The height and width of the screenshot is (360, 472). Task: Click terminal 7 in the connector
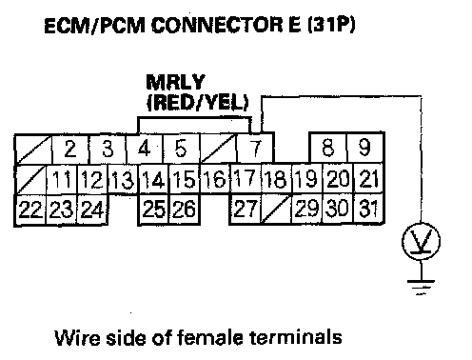point(255,148)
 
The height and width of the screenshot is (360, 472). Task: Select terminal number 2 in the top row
point(70,149)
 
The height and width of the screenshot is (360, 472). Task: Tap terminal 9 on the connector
point(365,148)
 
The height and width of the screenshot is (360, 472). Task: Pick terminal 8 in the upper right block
point(328,148)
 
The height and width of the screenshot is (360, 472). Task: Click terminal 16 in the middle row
point(216,178)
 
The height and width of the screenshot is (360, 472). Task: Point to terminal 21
point(368,178)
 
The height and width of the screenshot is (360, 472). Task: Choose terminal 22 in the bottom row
point(30,210)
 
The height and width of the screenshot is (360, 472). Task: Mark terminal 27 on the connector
point(245,209)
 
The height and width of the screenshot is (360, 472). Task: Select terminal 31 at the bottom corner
point(368,209)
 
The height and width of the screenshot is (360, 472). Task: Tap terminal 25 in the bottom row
point(154,209)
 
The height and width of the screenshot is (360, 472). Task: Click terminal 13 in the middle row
point(124,179)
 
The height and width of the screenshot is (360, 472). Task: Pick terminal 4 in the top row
point(145,149)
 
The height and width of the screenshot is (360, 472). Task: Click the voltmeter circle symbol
point(421,241)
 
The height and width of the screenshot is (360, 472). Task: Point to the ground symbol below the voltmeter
point(421,287)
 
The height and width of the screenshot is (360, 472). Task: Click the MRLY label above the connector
point(175,83)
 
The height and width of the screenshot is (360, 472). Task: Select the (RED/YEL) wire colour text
point(198,102)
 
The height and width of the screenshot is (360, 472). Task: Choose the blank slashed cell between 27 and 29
point(276,209)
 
